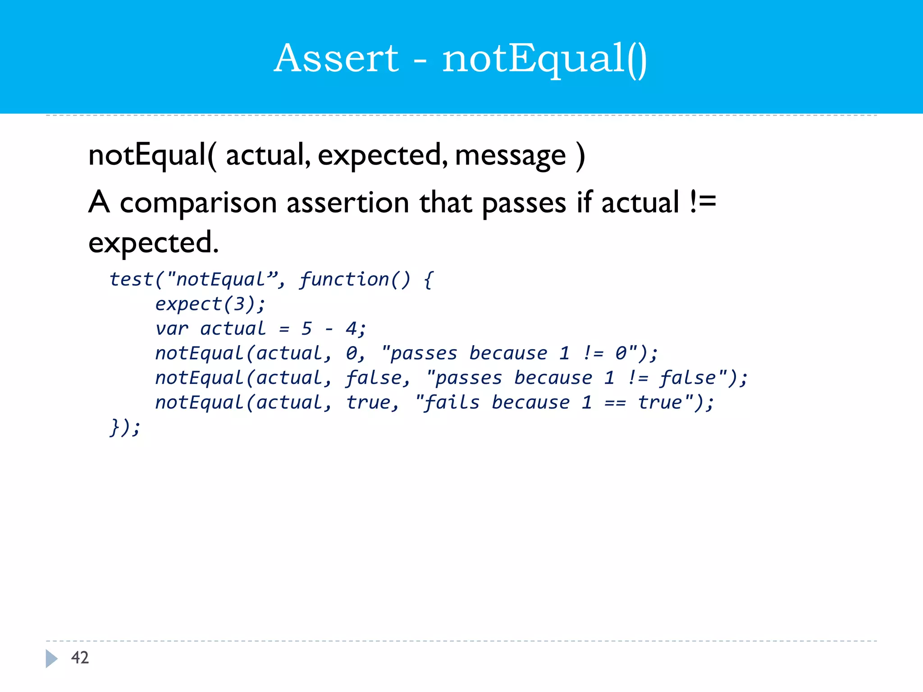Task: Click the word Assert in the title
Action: pos(336,59)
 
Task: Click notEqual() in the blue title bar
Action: pos(544,59)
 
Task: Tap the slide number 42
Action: pos(80,658)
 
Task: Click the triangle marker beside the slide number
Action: pos(51,658)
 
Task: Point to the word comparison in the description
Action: pos(198,203)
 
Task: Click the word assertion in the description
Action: pos(348,203)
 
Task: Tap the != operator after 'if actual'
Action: pos(703,202)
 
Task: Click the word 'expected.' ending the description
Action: pos(153,243)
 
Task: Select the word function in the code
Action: pos(344,280)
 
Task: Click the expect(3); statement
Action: pos(210,305)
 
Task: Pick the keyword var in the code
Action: pos(172,329)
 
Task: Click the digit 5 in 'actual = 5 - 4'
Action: pos(306,329)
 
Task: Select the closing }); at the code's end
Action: pos(125,427)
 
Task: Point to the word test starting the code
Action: pos(131,280)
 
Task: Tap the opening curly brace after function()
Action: pos(428,280)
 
